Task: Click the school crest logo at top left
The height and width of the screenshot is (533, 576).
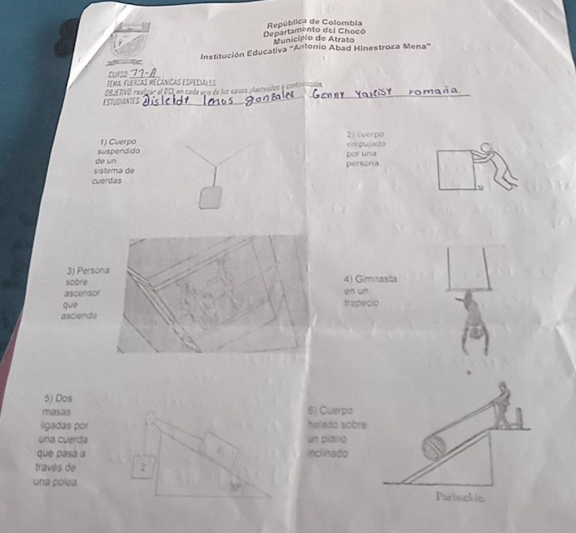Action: [x=128, y=42]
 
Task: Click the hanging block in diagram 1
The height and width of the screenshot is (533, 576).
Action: [x=211, y=197]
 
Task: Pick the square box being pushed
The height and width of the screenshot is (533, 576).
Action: [x=460, y=171]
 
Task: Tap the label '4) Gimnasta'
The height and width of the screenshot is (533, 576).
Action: [x=369, y=277]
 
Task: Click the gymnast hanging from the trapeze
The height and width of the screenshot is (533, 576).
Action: [x=473, y=321]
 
